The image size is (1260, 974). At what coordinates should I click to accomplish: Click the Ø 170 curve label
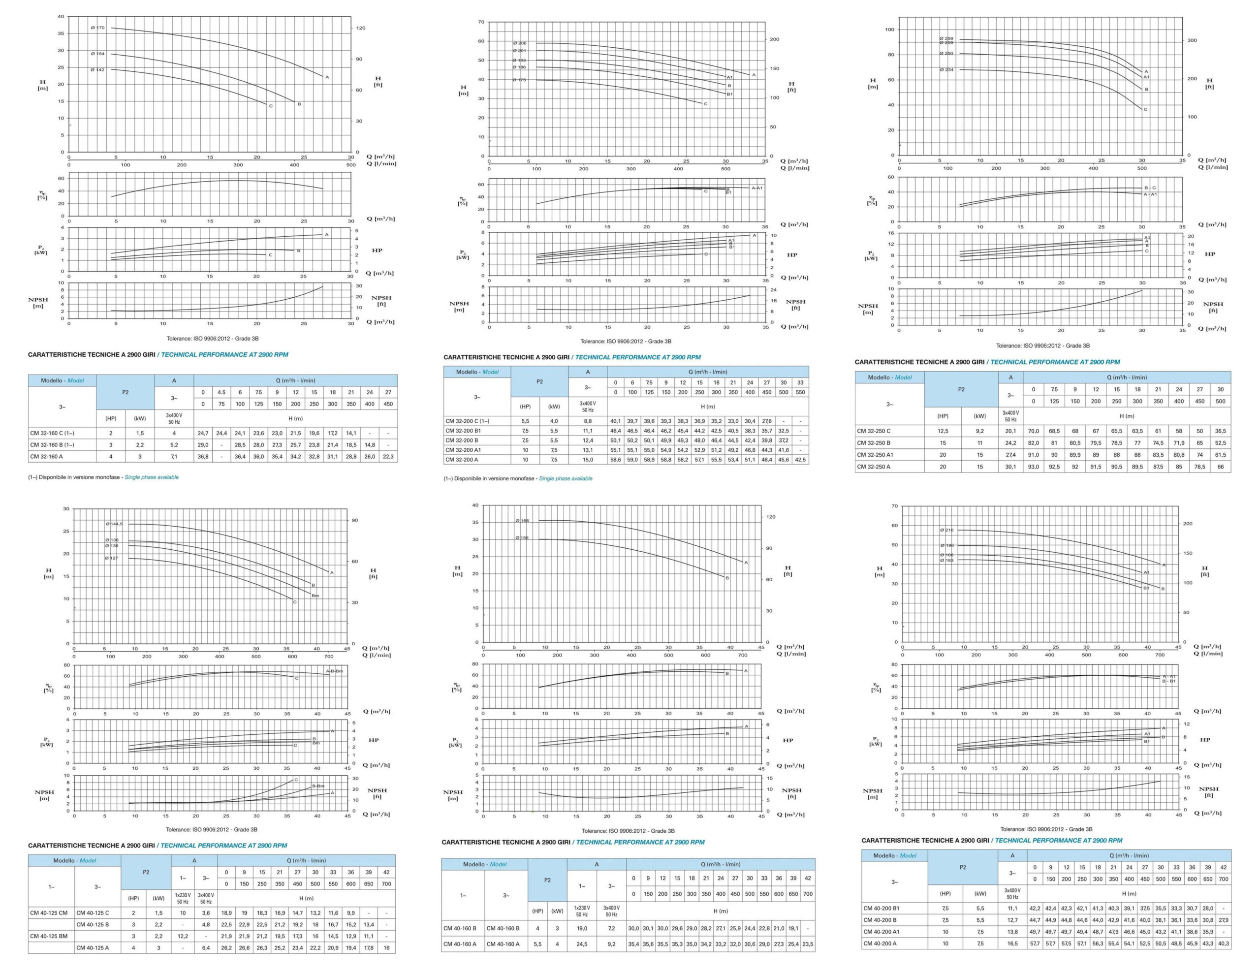[x=97, y=28]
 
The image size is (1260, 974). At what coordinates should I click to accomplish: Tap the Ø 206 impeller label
[x=519, y=43]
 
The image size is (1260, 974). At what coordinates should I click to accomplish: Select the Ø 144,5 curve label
[x=114, y=524]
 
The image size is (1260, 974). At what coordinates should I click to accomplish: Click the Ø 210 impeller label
[x=947, y=530]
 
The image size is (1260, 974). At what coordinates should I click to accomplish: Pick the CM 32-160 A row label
[x=47, y=456]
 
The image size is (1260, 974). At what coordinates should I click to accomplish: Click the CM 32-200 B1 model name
[x=463, y=431]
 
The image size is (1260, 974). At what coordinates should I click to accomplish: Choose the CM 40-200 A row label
[x=880, y=943]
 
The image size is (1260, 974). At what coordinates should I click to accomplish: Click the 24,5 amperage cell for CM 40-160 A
[x=582, y=944]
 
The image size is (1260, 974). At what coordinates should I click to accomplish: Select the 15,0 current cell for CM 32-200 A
[x=587, y=460]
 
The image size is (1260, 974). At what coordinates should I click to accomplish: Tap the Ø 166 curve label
[x=522, y=520]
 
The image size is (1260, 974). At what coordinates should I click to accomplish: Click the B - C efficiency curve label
[x=1150, y=188]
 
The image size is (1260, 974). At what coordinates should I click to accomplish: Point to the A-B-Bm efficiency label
[x=334, y=671]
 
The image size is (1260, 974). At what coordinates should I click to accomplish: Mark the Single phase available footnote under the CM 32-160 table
[x=152, y=477]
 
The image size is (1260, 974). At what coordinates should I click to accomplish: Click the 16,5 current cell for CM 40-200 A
[x=1012, y=943]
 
